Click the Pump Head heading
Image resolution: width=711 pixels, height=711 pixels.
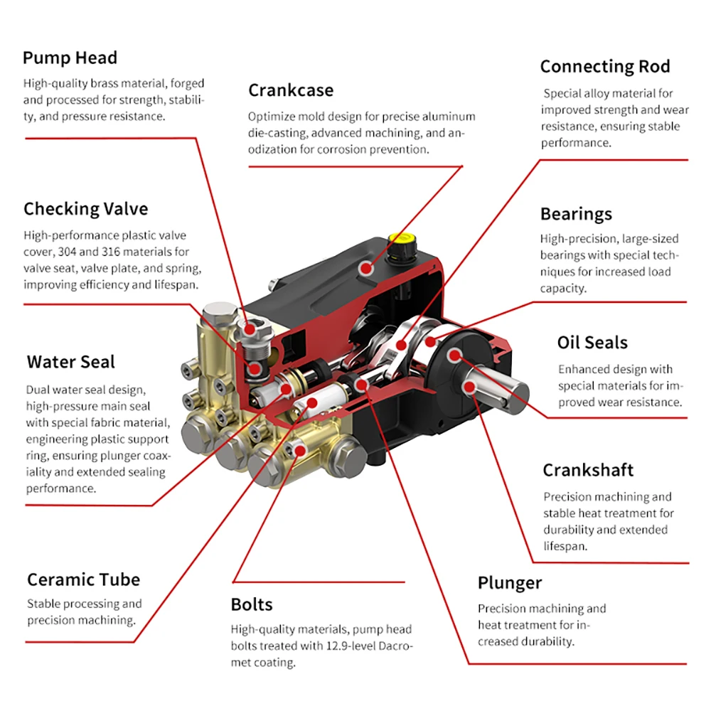click(70, 58)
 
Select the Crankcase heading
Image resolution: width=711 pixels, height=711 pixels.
click(290, 90)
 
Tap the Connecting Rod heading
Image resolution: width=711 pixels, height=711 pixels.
click(604, 67)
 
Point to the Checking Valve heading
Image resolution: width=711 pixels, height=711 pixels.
click(85, 209)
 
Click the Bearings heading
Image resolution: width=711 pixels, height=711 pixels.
click(576, 214)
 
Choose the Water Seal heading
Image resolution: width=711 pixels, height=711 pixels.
click(70, 362)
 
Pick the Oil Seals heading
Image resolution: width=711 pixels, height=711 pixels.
click(592, 343)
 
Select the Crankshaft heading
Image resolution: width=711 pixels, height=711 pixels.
click(588, 471)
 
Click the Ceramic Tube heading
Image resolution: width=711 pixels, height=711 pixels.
click(83, 579)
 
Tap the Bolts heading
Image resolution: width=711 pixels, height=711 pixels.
click(252, 605)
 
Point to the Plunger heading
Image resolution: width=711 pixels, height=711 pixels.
click(509, 584)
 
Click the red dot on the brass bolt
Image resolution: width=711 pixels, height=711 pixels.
click(299, 448)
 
